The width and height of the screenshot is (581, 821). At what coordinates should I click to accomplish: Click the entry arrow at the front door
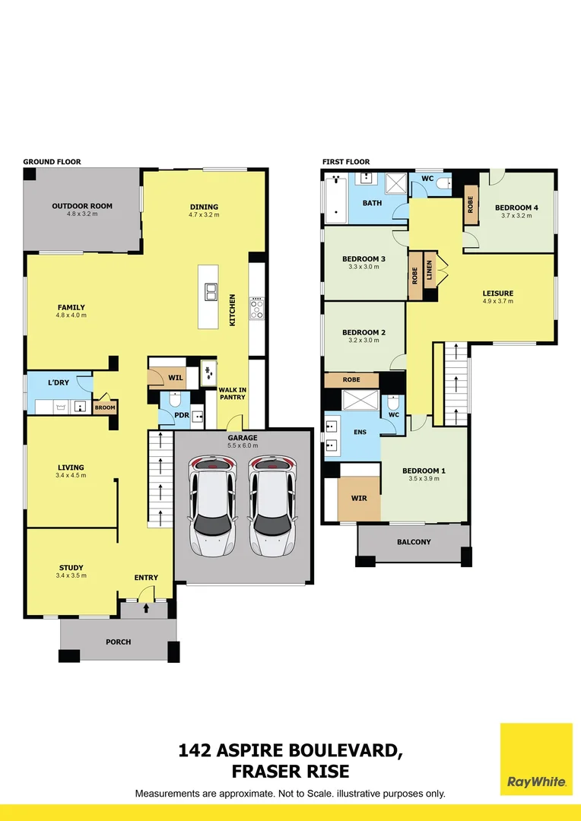[x=146, y=608]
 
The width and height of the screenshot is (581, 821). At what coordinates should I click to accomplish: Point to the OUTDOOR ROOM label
[x=82, y=206]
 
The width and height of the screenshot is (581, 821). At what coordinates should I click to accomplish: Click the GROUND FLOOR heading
[x=52, y=162]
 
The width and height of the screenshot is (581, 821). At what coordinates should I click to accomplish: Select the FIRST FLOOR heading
[x=346, y=162]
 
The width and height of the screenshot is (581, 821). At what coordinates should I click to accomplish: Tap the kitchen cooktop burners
[x=256, y=308]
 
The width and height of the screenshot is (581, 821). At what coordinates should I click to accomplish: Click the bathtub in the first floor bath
[x=335, y=200]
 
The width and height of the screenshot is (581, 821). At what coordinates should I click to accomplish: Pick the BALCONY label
[x=414, y=542]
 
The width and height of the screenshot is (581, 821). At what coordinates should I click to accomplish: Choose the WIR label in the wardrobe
[x=359, y=499]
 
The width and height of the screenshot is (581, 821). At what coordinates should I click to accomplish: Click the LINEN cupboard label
[x=430, y=271]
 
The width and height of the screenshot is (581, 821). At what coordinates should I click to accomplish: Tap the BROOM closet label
[x=105, y=408]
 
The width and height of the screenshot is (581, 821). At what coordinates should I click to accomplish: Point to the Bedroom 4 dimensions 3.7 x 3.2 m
[x=516, y=216]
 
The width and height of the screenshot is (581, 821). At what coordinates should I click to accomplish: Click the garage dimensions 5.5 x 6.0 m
[x=243, y=446]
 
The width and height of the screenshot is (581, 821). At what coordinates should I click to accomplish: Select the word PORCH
[x=119, y=642]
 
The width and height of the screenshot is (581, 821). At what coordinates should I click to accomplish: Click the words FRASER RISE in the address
[x=290, y=772]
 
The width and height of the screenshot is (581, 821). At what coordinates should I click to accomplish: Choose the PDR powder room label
[x=181, y=415]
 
